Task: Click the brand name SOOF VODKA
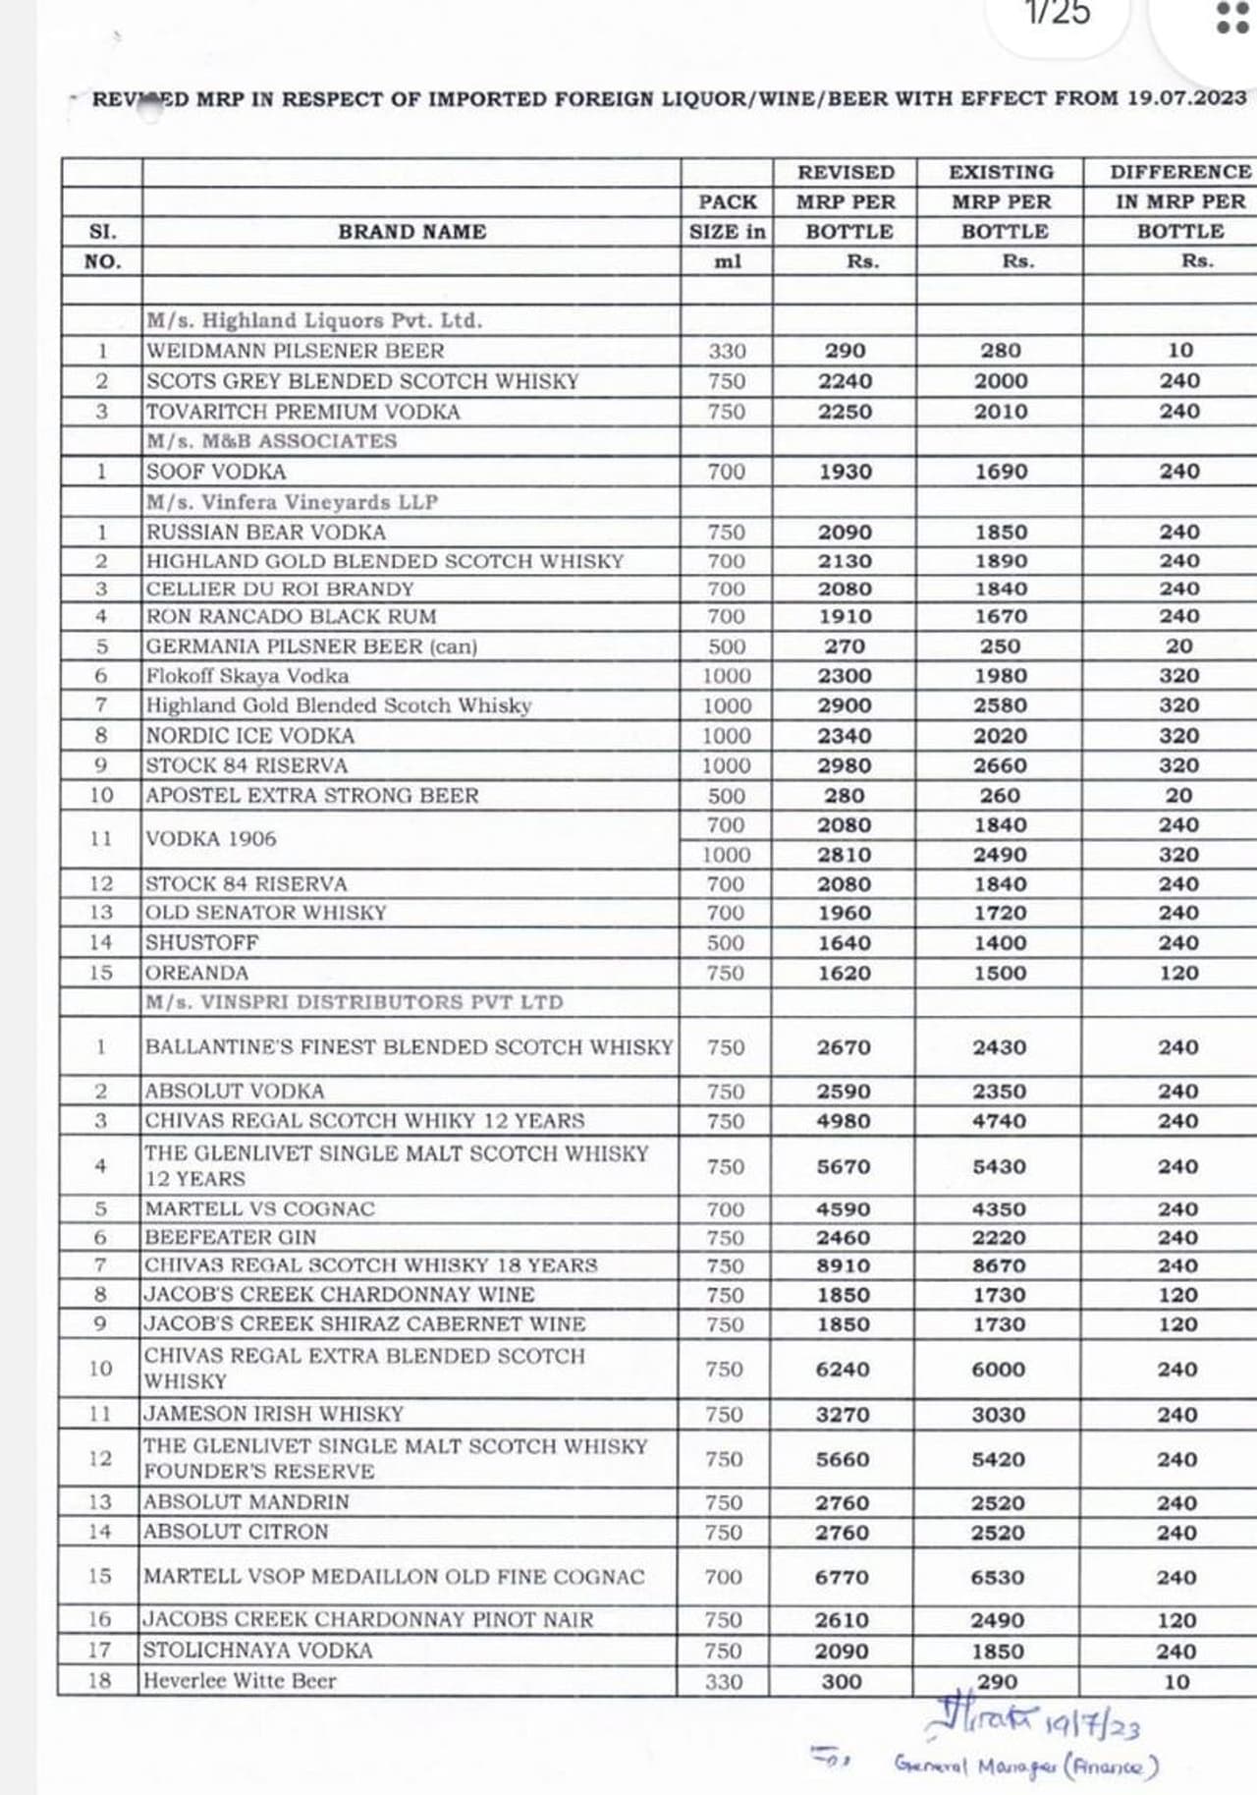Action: click(216, 472)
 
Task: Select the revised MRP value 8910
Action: click(843, 1265)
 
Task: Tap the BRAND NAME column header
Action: click(411, 232)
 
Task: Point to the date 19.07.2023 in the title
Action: click(1186, 98)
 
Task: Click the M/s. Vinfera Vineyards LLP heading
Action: click(292, 502)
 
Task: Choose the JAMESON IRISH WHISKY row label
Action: click(273, 1414)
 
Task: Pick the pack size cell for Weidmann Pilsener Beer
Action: click(727, 351)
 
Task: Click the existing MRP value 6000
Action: click(998, 1370)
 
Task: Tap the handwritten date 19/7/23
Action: click(1092, 1725)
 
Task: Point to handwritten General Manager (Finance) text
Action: click(1026, 1766)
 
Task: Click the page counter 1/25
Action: click(1057, 13)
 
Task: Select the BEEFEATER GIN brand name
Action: click(230, 1237)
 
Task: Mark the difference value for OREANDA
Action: click(1177, 973)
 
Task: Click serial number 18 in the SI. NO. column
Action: click(99, 1680)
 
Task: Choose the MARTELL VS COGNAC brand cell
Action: click(259, 1208)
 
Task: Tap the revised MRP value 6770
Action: click(842, 1577)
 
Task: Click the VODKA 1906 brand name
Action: click(210, 839)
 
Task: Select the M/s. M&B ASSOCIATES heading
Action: click(271, 441)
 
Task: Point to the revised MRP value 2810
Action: click(844, 855)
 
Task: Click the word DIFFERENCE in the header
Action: click(1179, 172)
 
